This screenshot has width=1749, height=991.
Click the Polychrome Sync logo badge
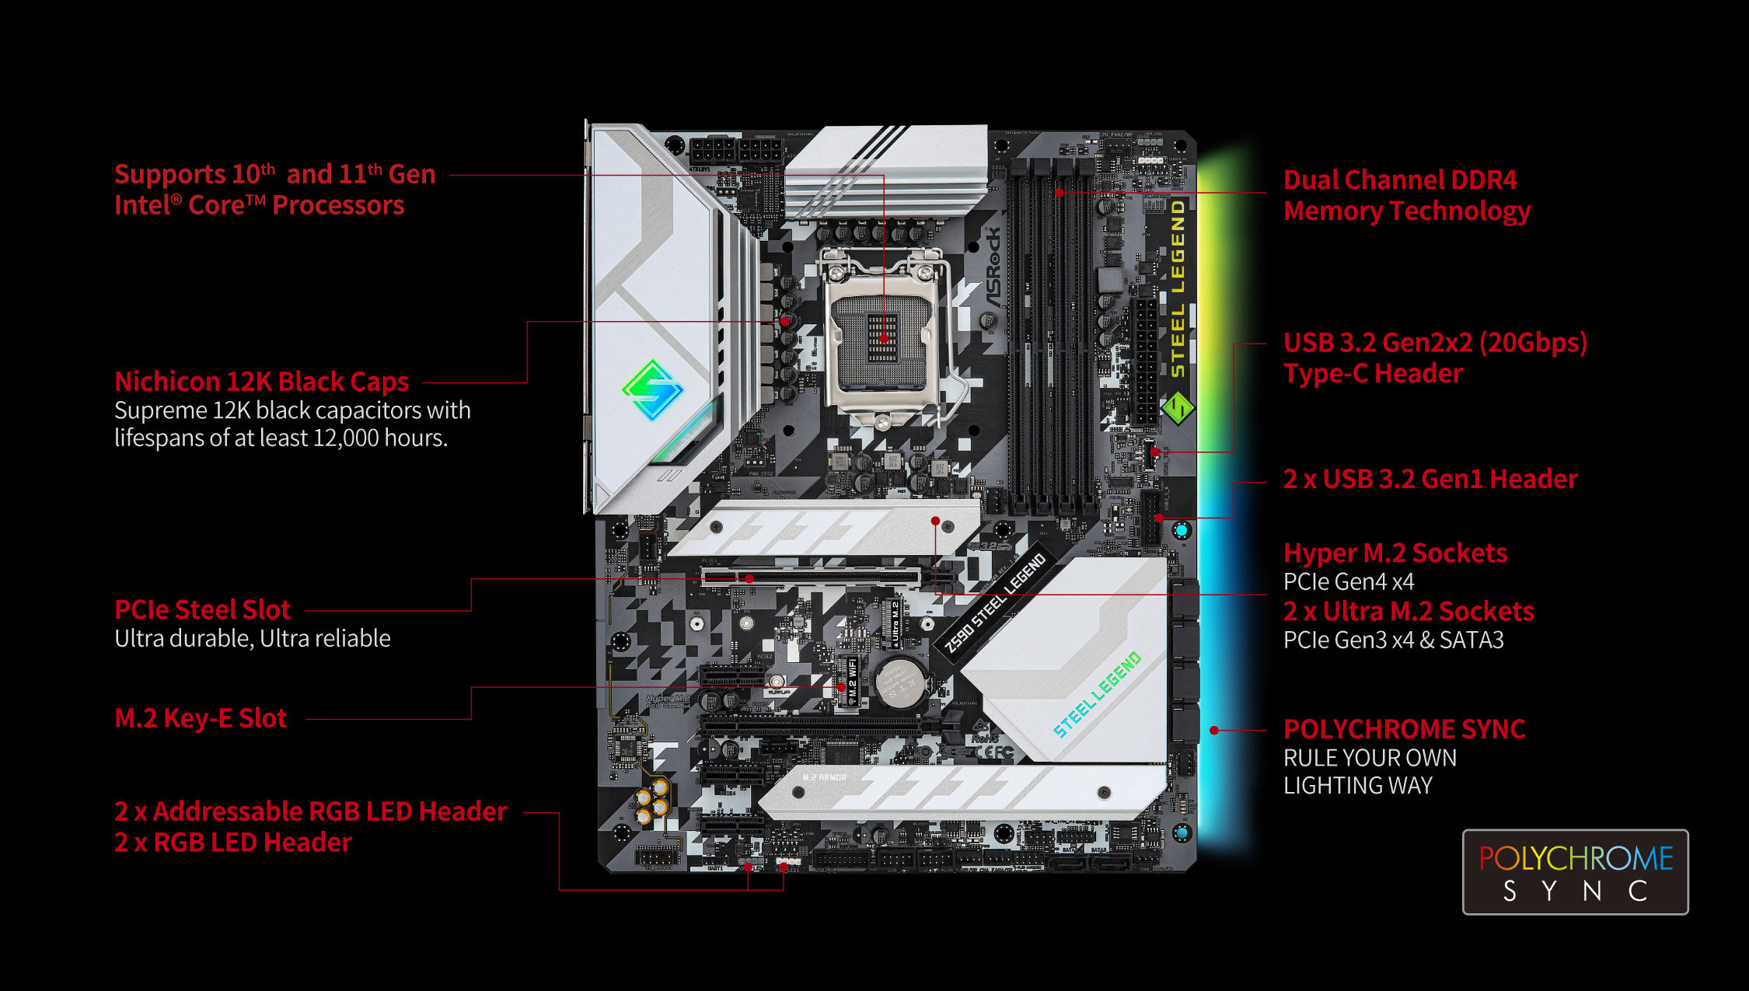[1575, 872]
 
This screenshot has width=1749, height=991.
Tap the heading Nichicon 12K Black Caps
[261, 382]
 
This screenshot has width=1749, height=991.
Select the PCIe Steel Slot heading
[202, 609]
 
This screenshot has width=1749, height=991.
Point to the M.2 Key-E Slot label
[201, 717]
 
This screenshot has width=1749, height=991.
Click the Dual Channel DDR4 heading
[1399, 180]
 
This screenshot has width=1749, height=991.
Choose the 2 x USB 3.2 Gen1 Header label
[1430, 479]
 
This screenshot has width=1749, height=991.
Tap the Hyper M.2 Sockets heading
[1395, 553]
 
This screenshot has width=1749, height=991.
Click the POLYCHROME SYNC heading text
[1404, 729]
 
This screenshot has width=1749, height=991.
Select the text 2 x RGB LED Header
[232, 843]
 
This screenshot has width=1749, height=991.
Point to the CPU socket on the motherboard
[883, 339]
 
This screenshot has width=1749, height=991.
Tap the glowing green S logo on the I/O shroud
[652, 389]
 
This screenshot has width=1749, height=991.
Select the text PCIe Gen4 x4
[1348, 581]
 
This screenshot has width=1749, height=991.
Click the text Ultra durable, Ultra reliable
[252, 638]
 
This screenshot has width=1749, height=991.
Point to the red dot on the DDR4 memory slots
[1059, 192]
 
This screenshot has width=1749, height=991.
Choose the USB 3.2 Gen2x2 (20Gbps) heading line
[1435, 343]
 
